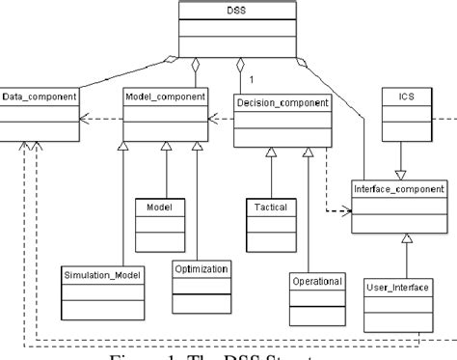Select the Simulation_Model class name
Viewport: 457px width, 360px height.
[x=102, y=275]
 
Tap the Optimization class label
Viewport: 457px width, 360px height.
[x=202, y=268]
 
